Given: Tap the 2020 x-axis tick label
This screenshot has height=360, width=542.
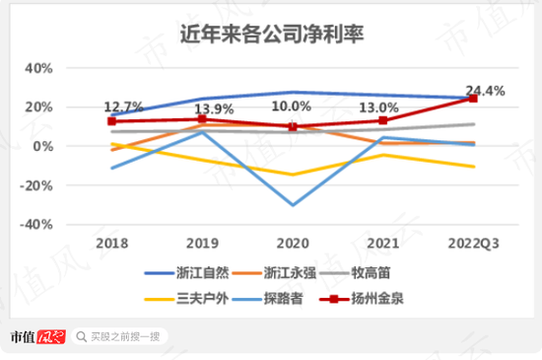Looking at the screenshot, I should click(x=292, y=243).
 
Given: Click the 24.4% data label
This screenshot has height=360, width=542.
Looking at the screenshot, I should click(x=485, y=91).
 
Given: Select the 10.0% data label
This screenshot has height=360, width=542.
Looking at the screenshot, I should click(x=292, y=107).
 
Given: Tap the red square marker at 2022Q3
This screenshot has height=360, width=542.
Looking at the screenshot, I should click(x=473, y=99).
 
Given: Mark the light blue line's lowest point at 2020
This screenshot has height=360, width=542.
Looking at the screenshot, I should click(x=293, y=205).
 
